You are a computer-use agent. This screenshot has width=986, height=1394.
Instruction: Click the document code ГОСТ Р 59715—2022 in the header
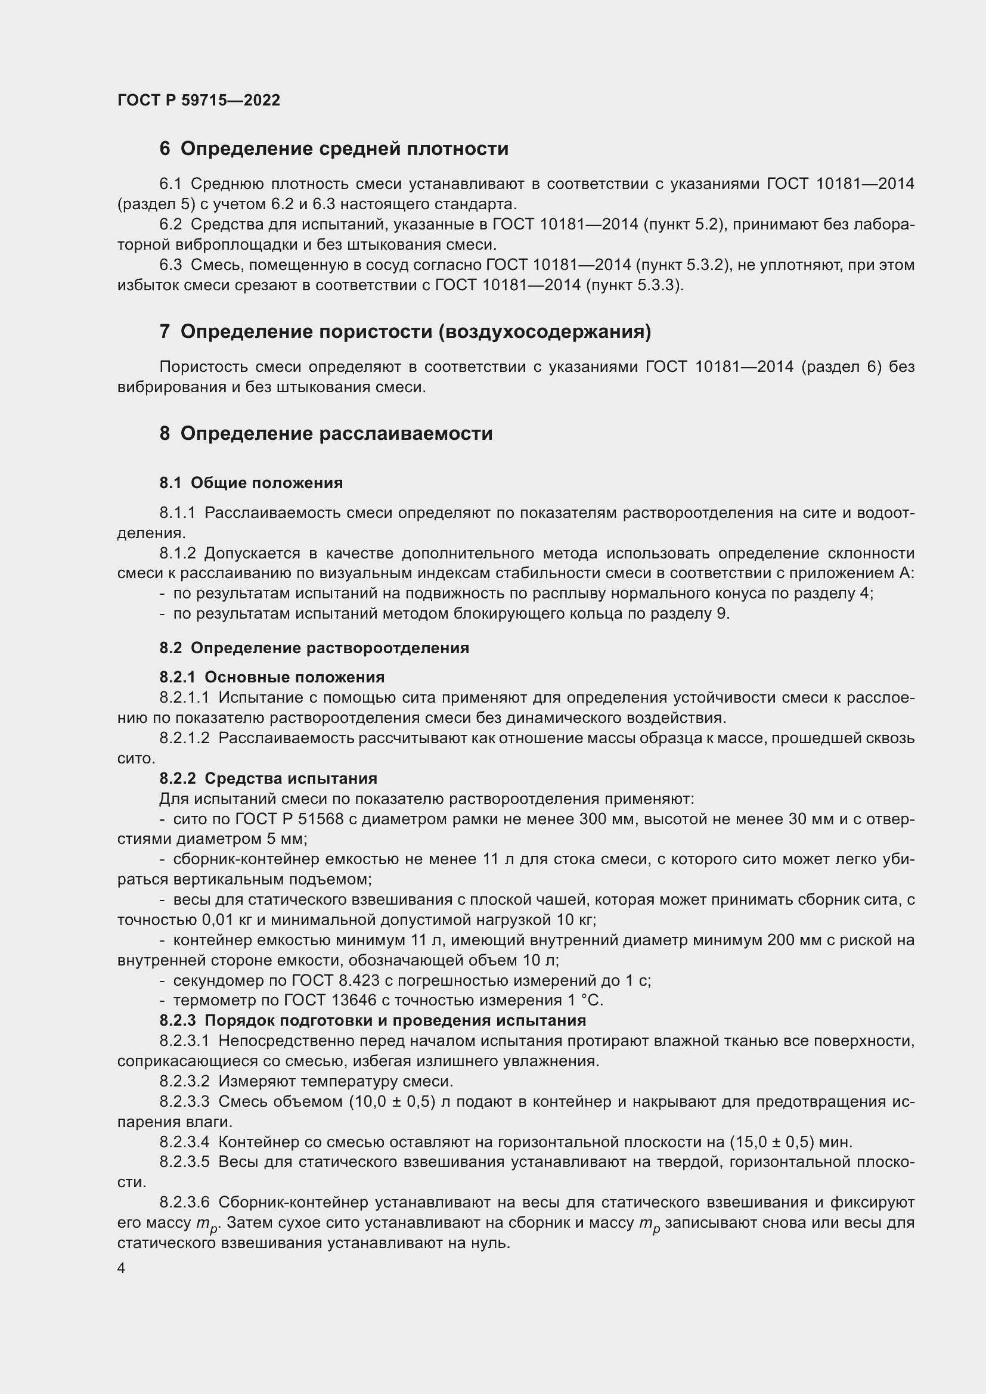coord(199,100)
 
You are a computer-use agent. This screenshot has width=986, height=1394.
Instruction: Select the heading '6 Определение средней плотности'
coord(334,149)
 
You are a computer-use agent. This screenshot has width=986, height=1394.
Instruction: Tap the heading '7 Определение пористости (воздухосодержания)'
coord(405,331)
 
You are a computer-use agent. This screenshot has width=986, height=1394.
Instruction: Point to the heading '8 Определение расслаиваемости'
coord(326,433)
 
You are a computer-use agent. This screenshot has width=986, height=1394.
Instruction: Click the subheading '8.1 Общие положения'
coord(251,483)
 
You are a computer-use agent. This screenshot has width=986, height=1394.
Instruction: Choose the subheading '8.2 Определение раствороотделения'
coord(314,648)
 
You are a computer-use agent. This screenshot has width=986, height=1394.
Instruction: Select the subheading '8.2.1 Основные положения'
coord(272,677)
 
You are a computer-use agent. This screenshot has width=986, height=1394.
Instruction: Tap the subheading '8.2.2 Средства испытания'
coord(268,778)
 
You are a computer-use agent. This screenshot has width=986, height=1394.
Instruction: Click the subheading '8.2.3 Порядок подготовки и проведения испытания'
coord(373,1020)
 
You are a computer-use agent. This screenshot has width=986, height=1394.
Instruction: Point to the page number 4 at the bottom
coord(122,1268)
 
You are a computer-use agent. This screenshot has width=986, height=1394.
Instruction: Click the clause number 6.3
coord(170,265)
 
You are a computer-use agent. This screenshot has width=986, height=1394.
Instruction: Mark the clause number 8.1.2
coord(177,553)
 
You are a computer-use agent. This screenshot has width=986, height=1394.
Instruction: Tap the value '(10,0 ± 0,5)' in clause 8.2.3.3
coord(392,1101)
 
